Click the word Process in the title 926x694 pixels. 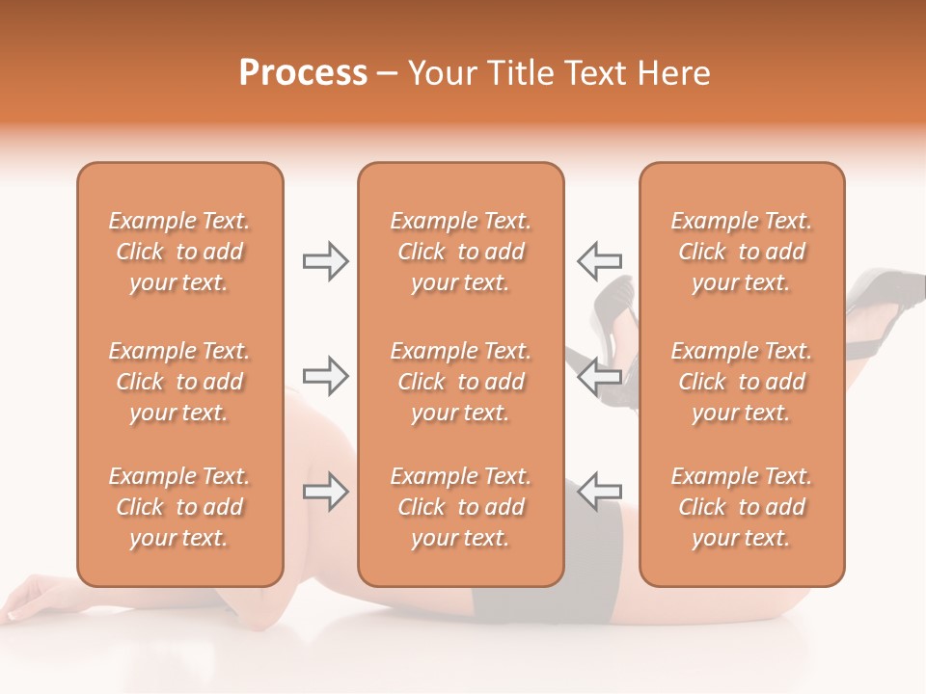[303, 73]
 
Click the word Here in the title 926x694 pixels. [675, 73]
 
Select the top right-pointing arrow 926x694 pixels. [325, 261]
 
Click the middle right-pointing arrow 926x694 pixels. [325, 376]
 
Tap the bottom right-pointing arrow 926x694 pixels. [325, 492]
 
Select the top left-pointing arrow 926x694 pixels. [599, 260]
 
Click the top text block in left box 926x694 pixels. [179, 252]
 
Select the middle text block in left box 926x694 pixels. [179, 382]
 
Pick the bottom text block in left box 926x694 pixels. [179, 507]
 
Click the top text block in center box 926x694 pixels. [460, 252]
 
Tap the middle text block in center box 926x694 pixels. [460, 382]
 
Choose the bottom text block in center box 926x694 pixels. [460, 507]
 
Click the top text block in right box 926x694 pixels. [741, 252]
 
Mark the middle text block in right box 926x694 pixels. [741, 382]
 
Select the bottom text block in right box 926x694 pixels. [741, 507]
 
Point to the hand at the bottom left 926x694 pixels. [34, 598]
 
